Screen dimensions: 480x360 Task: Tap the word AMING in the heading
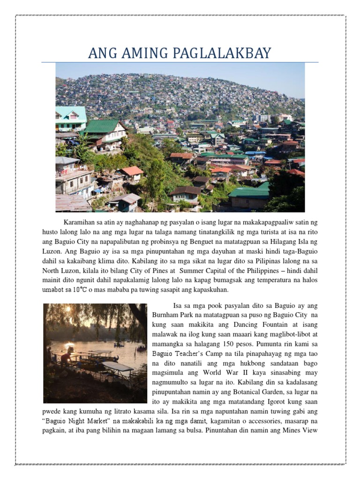136,53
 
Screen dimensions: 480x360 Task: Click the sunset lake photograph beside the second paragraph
95,352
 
